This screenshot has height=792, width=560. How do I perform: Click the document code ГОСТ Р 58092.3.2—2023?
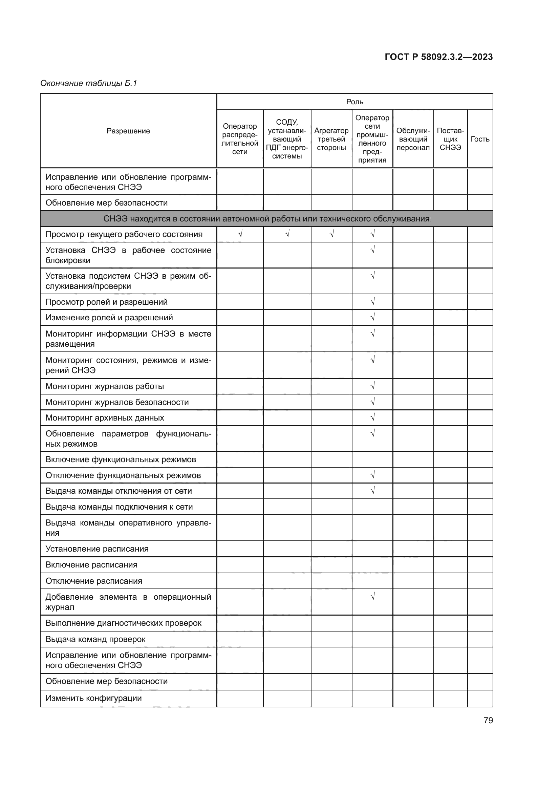pyautogui.click(x=438, y=57)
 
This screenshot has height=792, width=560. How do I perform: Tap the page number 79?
pyautogui.click(x=488, y=720)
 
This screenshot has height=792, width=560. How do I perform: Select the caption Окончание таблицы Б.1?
pyautogui.click(x=89, y=83)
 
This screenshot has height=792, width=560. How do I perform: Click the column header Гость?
pyautogui.click(x=480, y=139)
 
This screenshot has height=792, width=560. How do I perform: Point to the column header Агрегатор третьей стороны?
pyautogui.click(x=331, y=139)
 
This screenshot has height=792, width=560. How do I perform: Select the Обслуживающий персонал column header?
pyautogui.click(x=413, y=139)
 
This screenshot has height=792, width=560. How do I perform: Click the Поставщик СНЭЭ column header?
pyautogui.click(x=450, y=139)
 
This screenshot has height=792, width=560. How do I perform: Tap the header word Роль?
pyautogui.click(x=354, y=102)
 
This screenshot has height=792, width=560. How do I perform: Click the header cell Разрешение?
pyautogui.click(x=128, y=131)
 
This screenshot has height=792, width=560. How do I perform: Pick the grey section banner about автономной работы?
pyautogui.click(x=266, y=219)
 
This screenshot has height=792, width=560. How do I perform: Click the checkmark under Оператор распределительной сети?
pyautogui.click(x=240, y=234)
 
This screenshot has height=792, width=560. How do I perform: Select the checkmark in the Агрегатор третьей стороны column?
pyautogui.click(x=331, y=234)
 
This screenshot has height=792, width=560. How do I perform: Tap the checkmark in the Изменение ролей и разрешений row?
pyautogui.click(x=372, y=317)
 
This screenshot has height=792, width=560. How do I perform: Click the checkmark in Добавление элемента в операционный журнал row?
pyautogui.click(x=372, y=596)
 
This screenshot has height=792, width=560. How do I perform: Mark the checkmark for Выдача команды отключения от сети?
pyautogui.click(x=372, y=490)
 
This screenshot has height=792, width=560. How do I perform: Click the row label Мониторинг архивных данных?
pyautogui.click(x=105, y=418)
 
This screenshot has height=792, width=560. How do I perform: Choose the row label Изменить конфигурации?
pyautogui.click(x=93, y=698)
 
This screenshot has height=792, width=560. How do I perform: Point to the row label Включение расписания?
pyautogui.click(x=91, y=565)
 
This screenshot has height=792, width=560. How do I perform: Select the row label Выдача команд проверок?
pyautogui.click(x=95, y=639)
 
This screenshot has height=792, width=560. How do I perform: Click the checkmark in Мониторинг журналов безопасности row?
pyautogui.click(x=372, y=402)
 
